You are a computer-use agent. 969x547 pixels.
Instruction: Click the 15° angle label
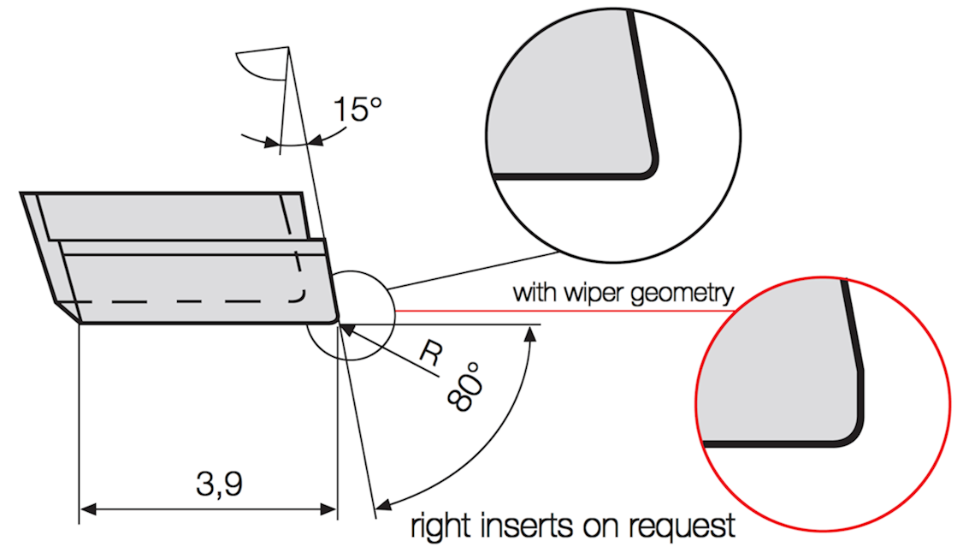point(357,109)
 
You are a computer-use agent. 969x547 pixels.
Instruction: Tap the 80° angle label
point(466,388)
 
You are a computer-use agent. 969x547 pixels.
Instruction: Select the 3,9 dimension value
point(220,484)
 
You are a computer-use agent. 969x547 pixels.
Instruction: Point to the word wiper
point(581,293)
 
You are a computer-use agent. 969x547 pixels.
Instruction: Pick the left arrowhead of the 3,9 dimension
point(88,509)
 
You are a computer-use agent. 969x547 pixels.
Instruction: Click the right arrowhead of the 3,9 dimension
point(328,509)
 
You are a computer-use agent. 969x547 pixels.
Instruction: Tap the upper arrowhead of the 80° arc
point(530,334)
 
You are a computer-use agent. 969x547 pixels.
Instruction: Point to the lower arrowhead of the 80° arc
point(383,505)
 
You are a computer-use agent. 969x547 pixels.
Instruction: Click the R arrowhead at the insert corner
point(347,330)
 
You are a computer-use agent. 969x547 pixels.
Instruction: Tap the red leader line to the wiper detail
point(564,310)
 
